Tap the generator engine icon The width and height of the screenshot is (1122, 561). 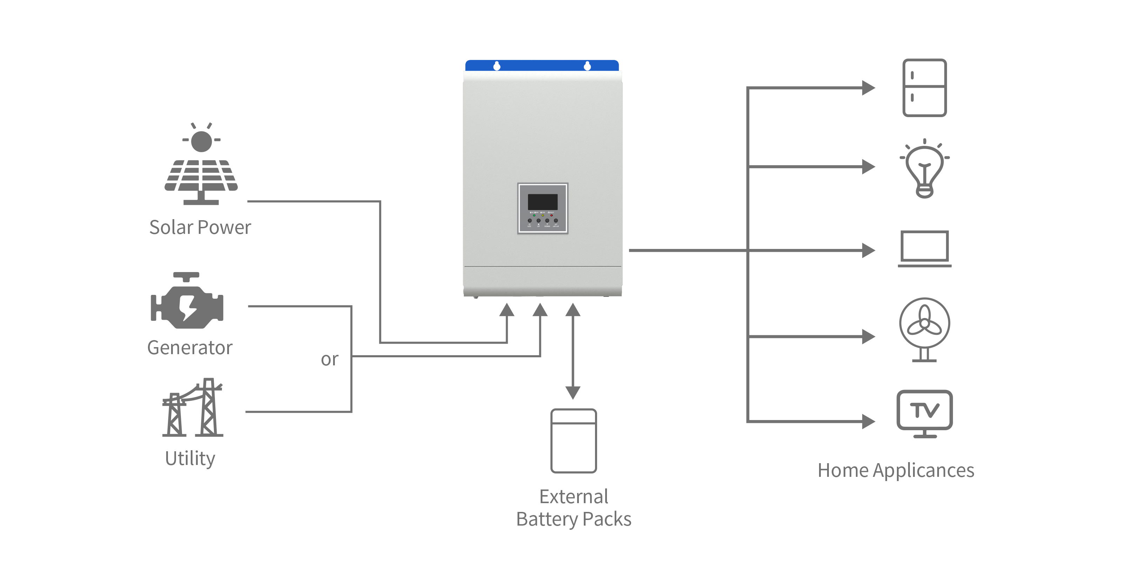[x=187, y=303]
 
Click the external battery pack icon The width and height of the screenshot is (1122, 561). [x=573, y=441]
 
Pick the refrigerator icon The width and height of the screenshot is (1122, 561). [x=924, y=88]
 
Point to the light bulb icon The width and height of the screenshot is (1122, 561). [x=924, y=169]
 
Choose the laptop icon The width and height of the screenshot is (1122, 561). [x=924, y=249]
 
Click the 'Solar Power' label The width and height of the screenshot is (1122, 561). [x=200, y=227]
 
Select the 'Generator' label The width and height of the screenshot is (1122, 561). [x=190, y=347]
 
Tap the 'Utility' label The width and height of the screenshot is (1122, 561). [x=190, y=458]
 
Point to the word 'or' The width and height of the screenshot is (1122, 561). [x=330, y=360]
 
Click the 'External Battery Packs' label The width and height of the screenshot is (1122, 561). [x=574, y=508]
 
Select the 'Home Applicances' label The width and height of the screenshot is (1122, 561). [x=895, y=471]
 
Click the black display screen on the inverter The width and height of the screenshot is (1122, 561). [x=543, y=202]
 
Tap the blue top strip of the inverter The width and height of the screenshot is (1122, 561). [x=538, y=65]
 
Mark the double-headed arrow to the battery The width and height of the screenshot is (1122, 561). [x=573, y=351]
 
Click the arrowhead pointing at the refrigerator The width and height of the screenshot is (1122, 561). [x=868, y=88]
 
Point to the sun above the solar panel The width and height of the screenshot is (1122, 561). [x=201, y=140]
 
